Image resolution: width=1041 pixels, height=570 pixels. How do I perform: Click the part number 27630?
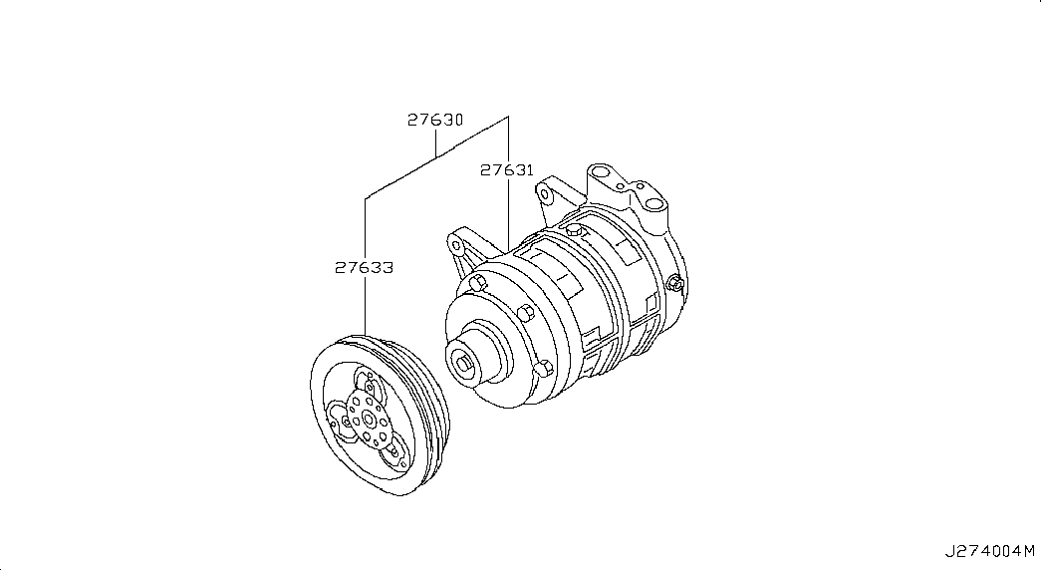pyautogui.click(x=435, y=121)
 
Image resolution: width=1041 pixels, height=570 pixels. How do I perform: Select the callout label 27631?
pyautogui.click(x=507, y=170)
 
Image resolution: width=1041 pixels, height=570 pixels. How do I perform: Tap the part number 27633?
pyautogui.click(x=364, y=268)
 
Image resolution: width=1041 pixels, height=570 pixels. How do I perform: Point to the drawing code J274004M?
pyautogui.click(x=990, y=551)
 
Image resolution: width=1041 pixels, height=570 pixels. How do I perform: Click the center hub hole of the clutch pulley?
pyautogui.click(x=369, y=420)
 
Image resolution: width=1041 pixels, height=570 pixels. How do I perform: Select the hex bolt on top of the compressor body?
pyautogui.click(x=575, y=230)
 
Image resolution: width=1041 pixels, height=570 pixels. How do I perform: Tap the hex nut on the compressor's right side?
pyautogui.click(x=675, y=283)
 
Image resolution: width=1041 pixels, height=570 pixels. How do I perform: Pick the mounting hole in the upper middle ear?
pyautogui.click(x=545, y=195)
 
